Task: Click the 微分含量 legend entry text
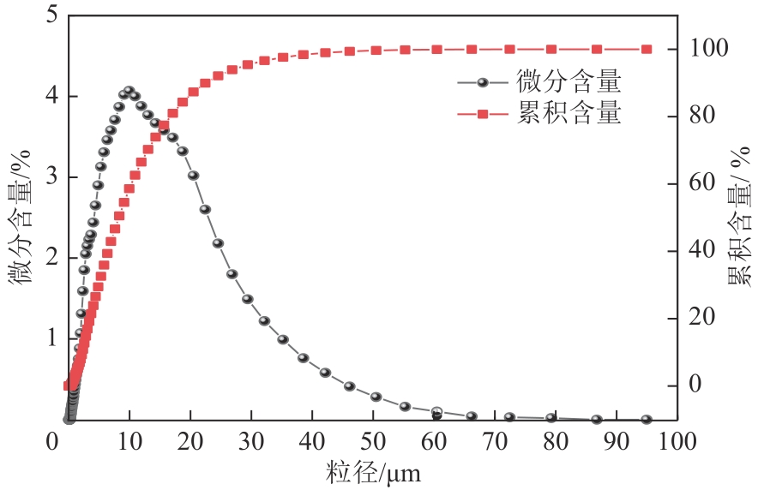568,83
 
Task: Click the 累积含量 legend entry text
568,114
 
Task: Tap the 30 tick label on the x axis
251,442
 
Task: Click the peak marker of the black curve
129,91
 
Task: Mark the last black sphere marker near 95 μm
647,420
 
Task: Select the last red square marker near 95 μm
647,49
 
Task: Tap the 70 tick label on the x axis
495,442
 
